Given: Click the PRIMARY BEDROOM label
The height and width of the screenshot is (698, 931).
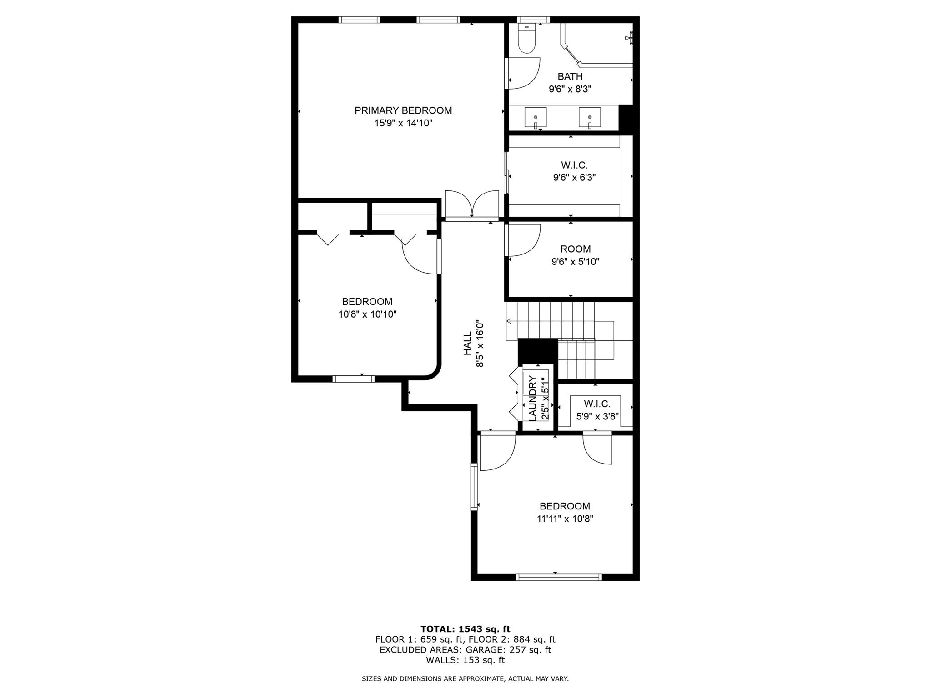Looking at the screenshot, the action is (403, 110).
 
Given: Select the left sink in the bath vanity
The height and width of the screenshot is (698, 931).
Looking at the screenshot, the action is (536, 118).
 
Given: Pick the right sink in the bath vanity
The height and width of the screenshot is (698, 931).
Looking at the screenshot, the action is (590, 118).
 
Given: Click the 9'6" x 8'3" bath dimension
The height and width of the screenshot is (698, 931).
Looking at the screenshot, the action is (570, 89).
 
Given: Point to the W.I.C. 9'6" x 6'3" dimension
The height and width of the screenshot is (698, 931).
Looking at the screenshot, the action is (574, 178).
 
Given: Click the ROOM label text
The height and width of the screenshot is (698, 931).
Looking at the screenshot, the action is (576, 249).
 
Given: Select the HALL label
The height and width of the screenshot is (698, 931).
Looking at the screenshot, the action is (467, 343).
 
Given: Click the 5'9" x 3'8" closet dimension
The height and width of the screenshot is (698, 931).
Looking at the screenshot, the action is (597, 416).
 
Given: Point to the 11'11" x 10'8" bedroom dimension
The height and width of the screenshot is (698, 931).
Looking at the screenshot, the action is (565, 519).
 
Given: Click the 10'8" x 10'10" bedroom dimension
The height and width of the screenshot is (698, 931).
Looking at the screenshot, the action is (367, 314).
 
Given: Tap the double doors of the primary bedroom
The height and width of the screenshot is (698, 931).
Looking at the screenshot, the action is (472, 205).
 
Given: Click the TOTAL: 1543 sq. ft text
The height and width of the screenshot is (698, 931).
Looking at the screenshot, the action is (465, 629).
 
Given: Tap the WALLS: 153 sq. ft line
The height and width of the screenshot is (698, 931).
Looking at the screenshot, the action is (465, 660).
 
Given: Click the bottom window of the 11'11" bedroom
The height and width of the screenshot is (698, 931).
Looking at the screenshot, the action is (559, 577).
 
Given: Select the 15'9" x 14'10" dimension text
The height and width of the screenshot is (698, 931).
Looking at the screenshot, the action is (403, 123).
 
